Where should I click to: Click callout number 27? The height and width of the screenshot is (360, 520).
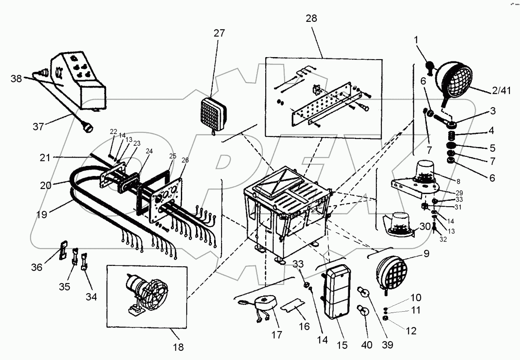(x=219, y=33)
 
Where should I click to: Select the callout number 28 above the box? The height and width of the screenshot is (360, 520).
(x=311, y=18)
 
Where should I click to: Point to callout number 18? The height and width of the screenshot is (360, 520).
(x=178, y=347)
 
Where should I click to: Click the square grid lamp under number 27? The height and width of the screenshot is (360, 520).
(x=217, y=110)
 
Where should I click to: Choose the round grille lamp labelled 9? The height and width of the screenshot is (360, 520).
(x=391, y=271)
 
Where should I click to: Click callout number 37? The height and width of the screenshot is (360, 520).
(x=38, y=126)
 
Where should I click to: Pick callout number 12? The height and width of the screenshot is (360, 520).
(x=411, y=331)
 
